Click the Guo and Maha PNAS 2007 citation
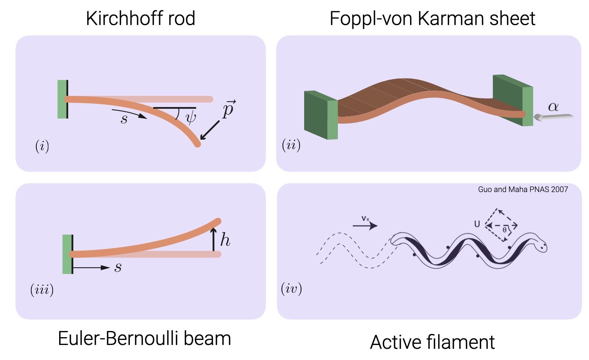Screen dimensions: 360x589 (523, 189)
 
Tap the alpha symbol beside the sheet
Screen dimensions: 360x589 (553, 107)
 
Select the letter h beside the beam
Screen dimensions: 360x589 (225, 240)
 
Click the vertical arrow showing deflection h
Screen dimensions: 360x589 (213, 239)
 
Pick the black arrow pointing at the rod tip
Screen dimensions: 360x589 (210, 130)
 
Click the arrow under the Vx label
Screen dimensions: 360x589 (365, 225)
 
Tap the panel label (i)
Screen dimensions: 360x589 (42, 146)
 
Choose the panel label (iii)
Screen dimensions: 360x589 (42, 290)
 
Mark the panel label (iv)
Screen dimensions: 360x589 (291, 288)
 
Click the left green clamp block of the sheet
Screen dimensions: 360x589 (321, 115)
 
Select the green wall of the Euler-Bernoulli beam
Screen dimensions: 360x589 (67, 254)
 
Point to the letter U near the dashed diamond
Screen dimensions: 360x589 (477, 224)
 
